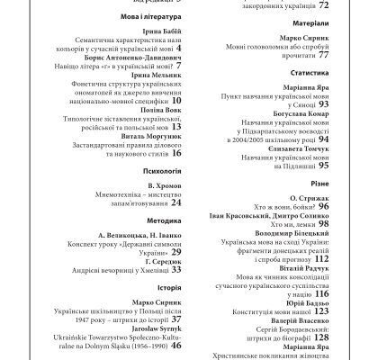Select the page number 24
point(176,178)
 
